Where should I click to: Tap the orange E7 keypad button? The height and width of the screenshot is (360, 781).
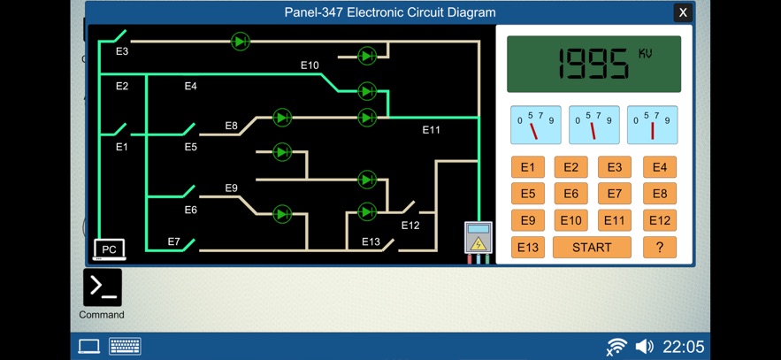[x=615, y=194]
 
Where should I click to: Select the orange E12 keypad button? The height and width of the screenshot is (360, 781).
[x=659, y=220]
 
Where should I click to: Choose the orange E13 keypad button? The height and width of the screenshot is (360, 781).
[x=527, y=248]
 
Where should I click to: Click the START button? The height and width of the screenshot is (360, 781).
[x=592, y=248]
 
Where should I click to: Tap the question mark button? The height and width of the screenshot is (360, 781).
[x=659, y=248]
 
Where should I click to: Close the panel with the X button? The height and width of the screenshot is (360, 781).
[x=682, y=12]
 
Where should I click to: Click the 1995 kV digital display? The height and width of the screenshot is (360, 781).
[x=593, y=64]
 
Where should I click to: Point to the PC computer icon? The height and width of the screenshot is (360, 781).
[x=109, y=249]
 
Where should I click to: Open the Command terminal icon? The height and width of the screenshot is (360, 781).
[x=102, y=287]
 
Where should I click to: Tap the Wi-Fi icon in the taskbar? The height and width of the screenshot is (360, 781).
[x=616, y=346]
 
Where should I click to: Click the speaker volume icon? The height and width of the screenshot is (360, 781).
[x=645, y=346]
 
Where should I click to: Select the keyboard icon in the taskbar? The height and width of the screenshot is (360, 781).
[x=125, y=346]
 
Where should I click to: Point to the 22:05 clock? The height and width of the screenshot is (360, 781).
[x=684, y=346]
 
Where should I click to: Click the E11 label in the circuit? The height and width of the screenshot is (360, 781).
[x=431, y=130]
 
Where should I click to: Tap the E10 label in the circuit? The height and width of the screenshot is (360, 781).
[x=310, y=65]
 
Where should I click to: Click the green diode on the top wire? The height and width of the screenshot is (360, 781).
[x=240, y=41]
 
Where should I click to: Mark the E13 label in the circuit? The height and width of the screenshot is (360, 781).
[x=371, y=242]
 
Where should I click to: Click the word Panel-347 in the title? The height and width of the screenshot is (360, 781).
[x=313, y=12]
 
